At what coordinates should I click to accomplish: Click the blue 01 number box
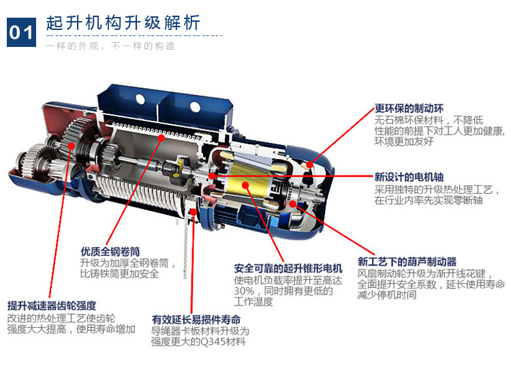(x=22, y=32)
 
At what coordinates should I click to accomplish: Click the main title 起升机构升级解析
(x=123, y=22)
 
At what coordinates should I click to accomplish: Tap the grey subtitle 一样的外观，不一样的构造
(x=110, y=46)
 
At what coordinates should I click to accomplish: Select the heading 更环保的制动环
(x=409, y=108)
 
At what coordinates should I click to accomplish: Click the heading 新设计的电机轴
(x=409, y=177)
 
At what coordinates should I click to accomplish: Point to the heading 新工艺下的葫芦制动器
(x=407, y=261)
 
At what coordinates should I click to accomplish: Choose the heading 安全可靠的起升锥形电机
(x=288, y=269)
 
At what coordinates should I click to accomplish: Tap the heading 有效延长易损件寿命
(x=196, y=320)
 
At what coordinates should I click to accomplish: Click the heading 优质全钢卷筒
(x=110, y=251)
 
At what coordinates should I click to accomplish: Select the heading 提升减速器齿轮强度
(x=52, y=305)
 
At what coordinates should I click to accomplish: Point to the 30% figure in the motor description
(x=244, y=291)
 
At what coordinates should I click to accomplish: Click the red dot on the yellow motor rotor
(x=245, y=185)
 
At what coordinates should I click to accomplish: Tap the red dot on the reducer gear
(x=72, y=146)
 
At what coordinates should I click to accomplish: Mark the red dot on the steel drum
(x=161, y=137)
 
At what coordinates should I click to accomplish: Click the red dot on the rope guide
(x=193, y=212)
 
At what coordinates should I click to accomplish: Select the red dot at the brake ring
(x=310, y=165)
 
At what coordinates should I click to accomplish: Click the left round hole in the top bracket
(x=140, y=98)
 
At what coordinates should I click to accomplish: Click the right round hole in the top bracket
(x=195, y=106)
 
